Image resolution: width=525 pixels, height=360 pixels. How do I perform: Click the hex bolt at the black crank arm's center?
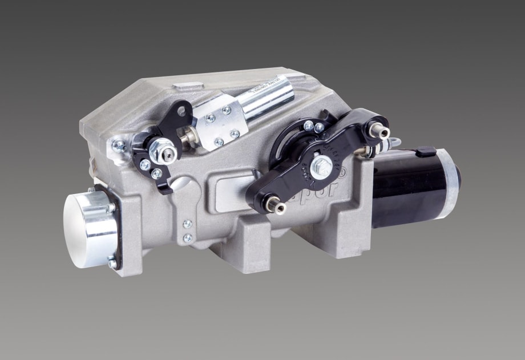[x=322, y=166]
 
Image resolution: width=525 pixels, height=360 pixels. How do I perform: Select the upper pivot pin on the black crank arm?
[x=379, y=133]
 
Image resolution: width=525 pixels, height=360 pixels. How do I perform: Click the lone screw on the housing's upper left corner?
[x=118, y=145]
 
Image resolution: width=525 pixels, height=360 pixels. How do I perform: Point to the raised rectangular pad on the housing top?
[x=188, y=87]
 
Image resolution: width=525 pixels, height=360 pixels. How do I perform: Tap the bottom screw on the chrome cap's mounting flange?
[x=112, y=263]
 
